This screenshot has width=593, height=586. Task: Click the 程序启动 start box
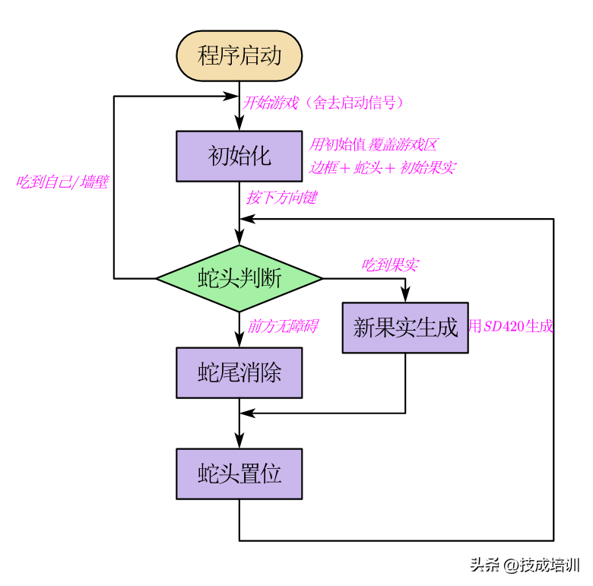click(x=239, y=55)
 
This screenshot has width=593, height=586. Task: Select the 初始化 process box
click(x=239, y=157)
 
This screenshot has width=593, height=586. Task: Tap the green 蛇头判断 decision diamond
click(x=239, y=278)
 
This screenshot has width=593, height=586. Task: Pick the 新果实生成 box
click(x=405, y=328)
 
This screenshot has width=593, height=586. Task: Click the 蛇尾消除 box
click(x=239, y=372)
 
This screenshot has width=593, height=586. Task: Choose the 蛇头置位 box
click(x=239, y=474)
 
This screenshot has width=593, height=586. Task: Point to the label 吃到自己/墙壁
click(x=62, y=182)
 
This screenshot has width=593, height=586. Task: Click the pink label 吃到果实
click(x=389, y=264)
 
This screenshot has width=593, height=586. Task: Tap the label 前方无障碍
click(x=282, y=326)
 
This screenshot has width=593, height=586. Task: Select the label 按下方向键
click(x=281, y=198)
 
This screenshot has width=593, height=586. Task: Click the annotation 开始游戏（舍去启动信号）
click(x=322, y=103)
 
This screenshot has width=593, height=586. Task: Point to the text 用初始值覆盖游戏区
click(x=373, y=144)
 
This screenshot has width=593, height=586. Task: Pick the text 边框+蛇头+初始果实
click(x=382, y=167)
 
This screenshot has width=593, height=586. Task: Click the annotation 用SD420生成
click(x=511, y=328)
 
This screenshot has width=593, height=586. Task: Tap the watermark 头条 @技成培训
click(x=525, y=565)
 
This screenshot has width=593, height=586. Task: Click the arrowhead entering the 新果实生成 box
click(x=405, y=296)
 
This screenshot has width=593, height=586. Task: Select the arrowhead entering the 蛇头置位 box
click(x=239, y=442)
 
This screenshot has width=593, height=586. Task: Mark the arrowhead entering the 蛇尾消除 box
click(x=239, y=341)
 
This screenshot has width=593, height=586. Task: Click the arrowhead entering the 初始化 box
click(x=239, y=125)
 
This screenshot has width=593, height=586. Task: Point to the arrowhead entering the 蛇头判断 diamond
click(x=239, y=239)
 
